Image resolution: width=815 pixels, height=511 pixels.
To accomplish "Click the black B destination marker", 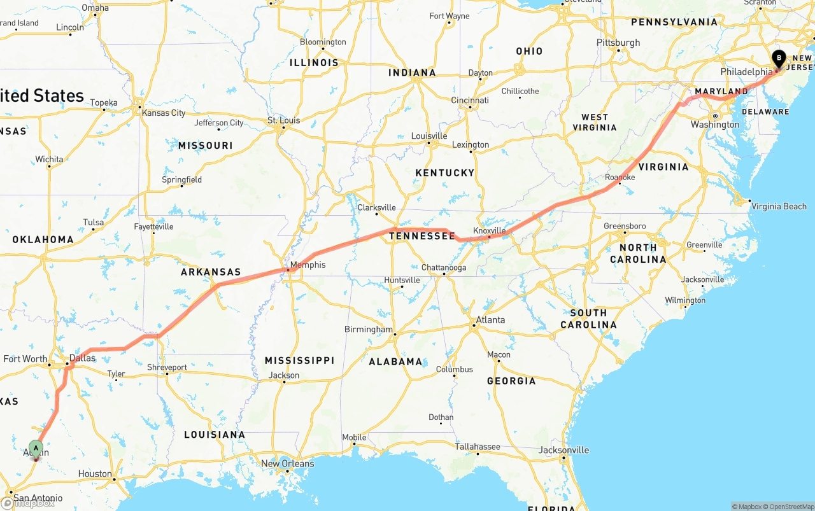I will [778, 59].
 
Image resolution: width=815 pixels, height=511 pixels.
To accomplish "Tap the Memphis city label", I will [308, 265].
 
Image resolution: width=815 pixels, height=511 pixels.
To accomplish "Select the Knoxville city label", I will [489, 230].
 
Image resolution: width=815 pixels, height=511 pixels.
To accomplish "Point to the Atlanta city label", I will [490, 320].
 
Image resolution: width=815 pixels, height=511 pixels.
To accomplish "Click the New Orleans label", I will [287, 463].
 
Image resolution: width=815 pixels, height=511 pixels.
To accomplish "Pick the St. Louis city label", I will [283, 120].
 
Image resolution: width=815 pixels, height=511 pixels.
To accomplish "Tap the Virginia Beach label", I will [779, 206].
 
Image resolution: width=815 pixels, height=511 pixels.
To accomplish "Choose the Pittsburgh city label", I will [618, 42].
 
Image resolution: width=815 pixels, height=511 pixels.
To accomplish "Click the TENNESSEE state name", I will [422, 236].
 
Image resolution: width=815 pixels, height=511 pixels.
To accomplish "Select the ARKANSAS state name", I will [211, 272].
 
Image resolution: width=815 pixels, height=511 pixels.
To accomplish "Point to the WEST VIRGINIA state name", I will [595, 122].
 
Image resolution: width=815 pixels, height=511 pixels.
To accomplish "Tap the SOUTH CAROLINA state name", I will [588, 318].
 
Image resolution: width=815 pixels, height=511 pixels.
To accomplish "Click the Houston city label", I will [95, 473].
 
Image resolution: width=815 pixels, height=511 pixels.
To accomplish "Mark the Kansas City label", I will [164, 113].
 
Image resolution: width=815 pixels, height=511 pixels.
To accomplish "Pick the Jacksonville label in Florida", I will [563, 450].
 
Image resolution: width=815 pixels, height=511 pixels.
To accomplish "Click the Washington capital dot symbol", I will [715, 116].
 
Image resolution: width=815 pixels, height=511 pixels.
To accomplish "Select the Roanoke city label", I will [620, 178].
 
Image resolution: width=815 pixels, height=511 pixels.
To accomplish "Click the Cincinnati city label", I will [470, 101].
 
